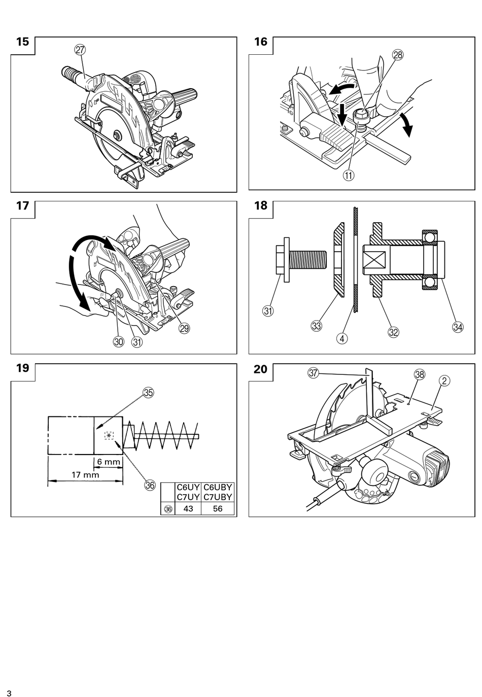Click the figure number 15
pyautogui.click(x=22, y=42)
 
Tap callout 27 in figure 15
pyautogui.click(x=80, y=50)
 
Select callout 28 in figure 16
pyautogui.click(x=398, y=55)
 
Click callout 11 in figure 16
pyautogui.click(x=349, y=176)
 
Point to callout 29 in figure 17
pyautogui.click(x=185, y=328)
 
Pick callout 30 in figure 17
pyautogui.click(x=118, y=342)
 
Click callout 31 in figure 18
pyautogui.click(x=268, y=311)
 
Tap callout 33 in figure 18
pyautogui.click(x=317, y=326)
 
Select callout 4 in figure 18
pyautogui.click(x=342, y=338)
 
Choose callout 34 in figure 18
pyautogui.click(x=458, y=327)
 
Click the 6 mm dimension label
pyautogui.click(x=109, y=462)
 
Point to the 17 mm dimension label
pyautogui.click(x=85, y=475)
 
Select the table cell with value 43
pyautogui.click(x=188, y=508)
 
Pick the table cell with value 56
pyautogui.click(x=218, y=508)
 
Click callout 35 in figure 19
pyautogui.click(x=148, y=393)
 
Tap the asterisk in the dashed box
pyautogui.click(x=109, y=436)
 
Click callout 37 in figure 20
pyautogui.click(x=313, y=373)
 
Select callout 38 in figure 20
pyautogui.click(x=420, y=374)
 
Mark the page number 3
pyautogui.click(x=9, y=691)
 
